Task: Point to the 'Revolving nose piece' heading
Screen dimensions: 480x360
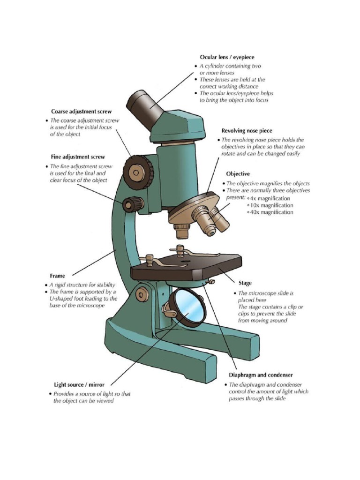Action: click(x=247, y=131)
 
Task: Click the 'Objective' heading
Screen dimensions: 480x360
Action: click(x=238, y=173)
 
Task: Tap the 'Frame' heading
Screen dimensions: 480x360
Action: click(x=58, y=276)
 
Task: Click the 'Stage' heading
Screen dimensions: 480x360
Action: click(x=245, y=283)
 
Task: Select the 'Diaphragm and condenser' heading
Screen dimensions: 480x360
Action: click(x=261, y=375)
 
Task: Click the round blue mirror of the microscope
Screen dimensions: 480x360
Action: click(x=187, y=307)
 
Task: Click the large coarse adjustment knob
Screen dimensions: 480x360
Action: click(x=137, y=172)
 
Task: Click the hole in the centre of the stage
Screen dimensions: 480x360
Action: click(x=186, y=258)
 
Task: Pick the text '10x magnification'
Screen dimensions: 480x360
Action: click(x=271, y=205)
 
